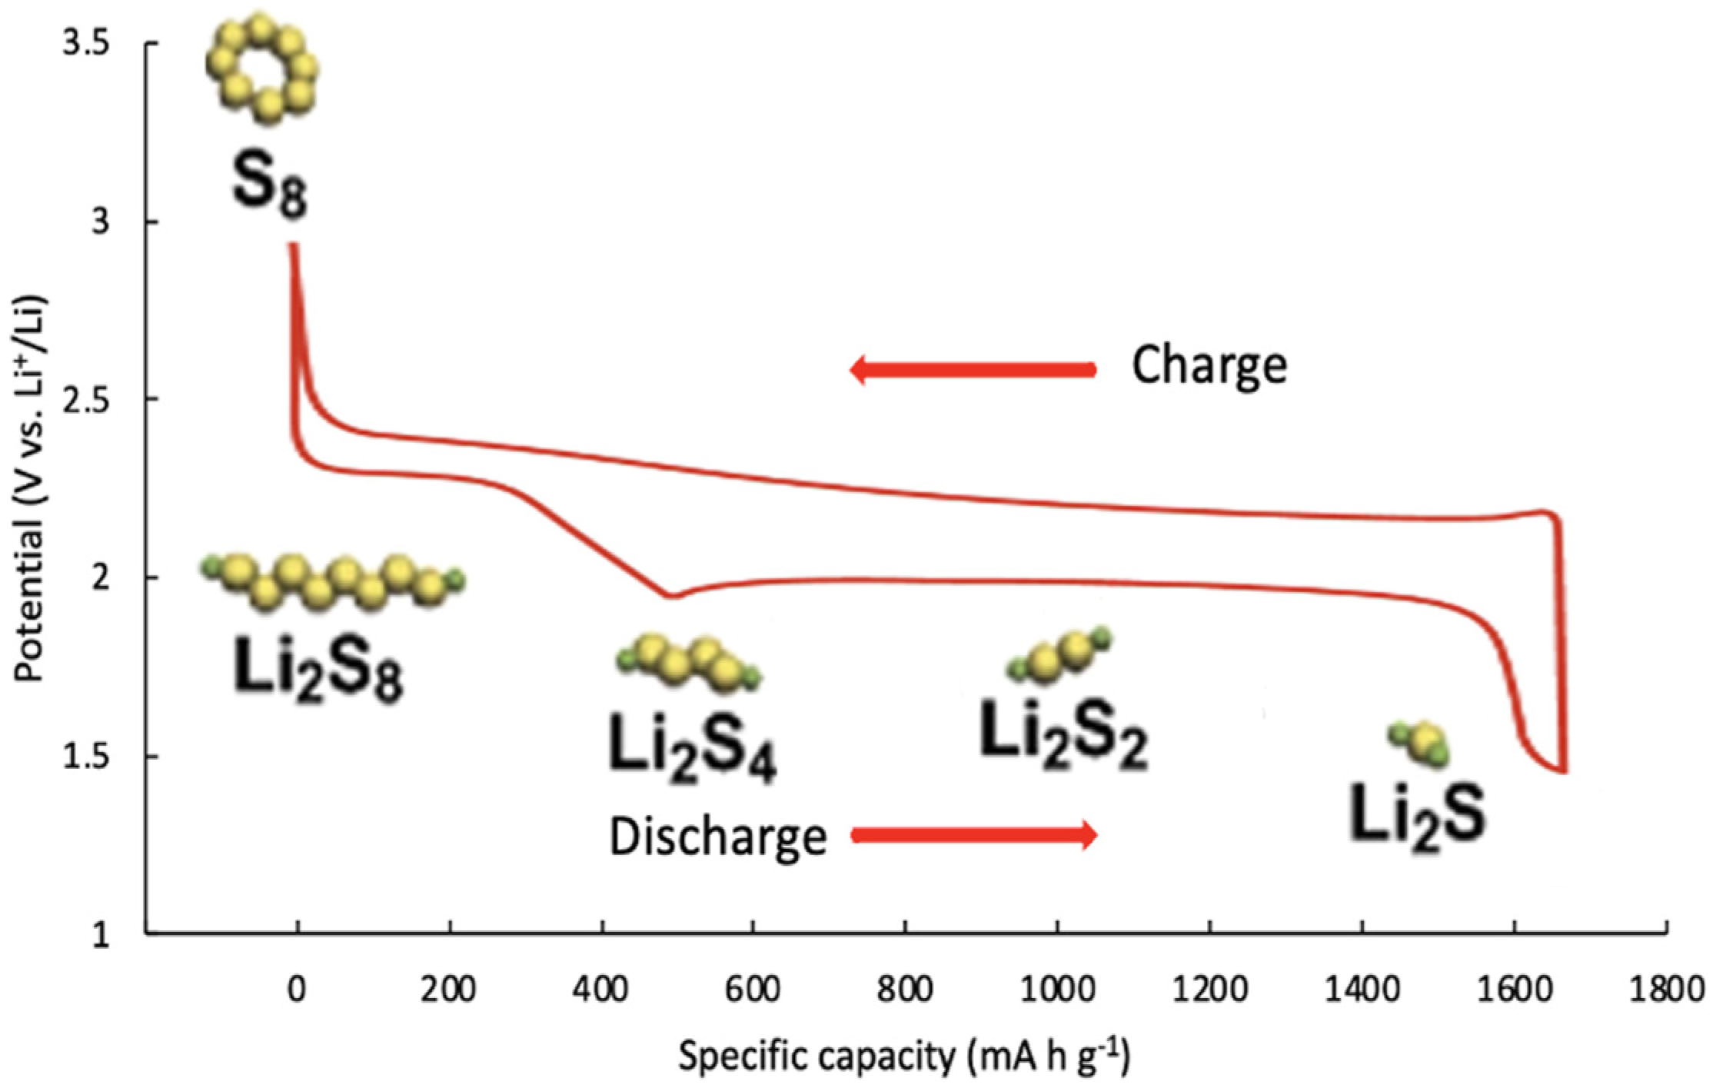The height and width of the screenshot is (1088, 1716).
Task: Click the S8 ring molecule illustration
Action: pyautogui.click(x=262, y=71)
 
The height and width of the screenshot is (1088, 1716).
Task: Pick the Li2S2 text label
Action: pyautogui.click(x=1063, y=738)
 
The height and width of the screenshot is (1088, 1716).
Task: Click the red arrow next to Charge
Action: pyautogui.click(x=973, y=370)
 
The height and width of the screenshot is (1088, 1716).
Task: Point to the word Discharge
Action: pyautogui.click(x=717, y=836)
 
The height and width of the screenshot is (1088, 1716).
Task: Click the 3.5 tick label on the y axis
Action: pyautogui.click(x=86, y=44)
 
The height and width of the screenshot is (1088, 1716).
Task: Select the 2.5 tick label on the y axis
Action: pyautogui.click(x=86, y=400)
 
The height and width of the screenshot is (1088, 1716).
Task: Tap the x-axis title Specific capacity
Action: pyautogui.click(x=904, y=1057)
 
